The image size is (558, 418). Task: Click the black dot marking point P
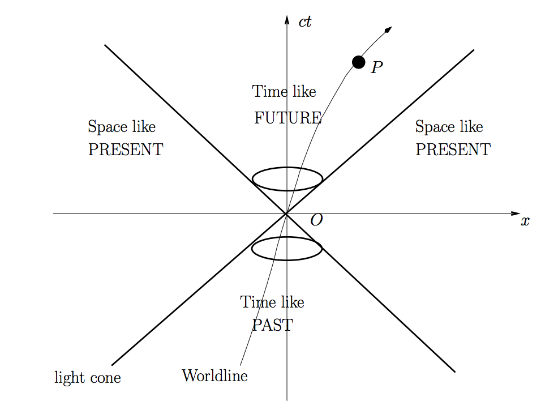coord(358,62)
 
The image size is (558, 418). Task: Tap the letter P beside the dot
coord(377,67)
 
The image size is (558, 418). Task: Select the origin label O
coord(317,220)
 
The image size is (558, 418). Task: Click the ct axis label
coord(305,23)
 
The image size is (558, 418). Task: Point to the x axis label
coord(525,221)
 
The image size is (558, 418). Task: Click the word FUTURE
coord(287,118)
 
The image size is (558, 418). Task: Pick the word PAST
coord(272,325)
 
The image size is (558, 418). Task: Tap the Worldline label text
coord(214,376)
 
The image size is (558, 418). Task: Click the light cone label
coord(88,378)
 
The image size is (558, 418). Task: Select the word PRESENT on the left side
coord(126,150)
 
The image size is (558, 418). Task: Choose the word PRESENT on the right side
coord(453,150)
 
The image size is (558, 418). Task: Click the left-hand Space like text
coord(122,127)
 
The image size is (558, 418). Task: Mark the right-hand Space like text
coord(449,127)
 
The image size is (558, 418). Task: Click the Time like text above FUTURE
coord(284,91)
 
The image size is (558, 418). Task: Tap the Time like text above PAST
coord(272,302)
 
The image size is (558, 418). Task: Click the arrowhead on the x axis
coord(515,214)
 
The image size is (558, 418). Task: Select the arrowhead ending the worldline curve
coord(388,29)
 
